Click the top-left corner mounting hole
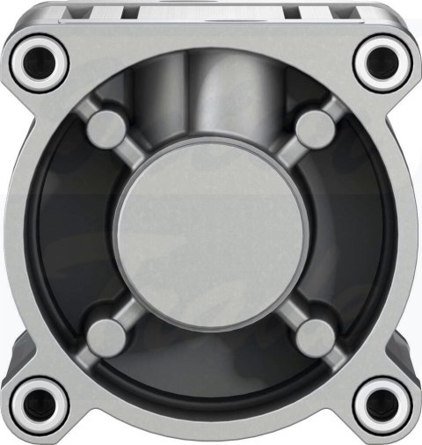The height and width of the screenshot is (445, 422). (40, 60)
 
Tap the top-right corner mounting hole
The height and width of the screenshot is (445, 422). (380, 60)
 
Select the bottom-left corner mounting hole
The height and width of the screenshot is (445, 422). (40, 405)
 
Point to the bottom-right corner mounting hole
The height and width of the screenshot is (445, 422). (380, 405)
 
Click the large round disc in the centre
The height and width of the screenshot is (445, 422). (210, 230)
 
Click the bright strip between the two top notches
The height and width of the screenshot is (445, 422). (211, 10)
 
